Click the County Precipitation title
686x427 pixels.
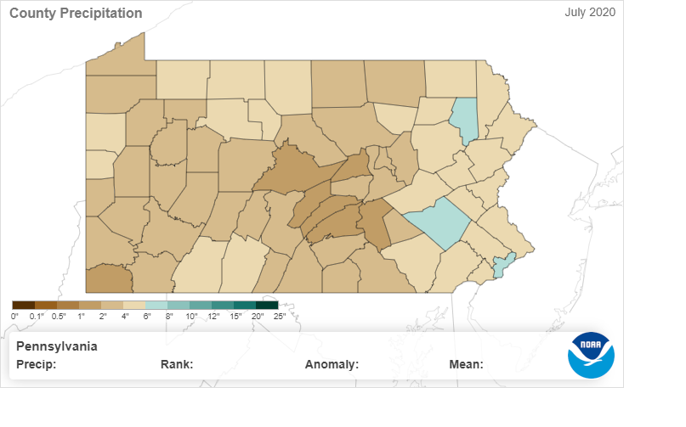(76, 14)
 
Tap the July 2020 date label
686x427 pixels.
(590, 12)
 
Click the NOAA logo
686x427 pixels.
(591, 355)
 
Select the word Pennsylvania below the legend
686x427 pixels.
(57, 346)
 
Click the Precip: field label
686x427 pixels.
(36, 365)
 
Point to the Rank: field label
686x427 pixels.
(177, 365)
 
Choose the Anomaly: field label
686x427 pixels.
(332, 365)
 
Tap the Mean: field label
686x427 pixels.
(466, 365)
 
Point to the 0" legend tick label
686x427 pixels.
(14, 316)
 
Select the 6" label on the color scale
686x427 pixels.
(145, 316)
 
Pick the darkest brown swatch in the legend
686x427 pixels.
(23, 305)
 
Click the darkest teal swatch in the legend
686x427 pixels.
(267, 305)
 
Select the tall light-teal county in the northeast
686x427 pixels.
(464, 121)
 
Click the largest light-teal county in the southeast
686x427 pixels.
(439, 222)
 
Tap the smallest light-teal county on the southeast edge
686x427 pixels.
(502, 265)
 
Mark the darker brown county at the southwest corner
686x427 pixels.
(109, 278)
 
